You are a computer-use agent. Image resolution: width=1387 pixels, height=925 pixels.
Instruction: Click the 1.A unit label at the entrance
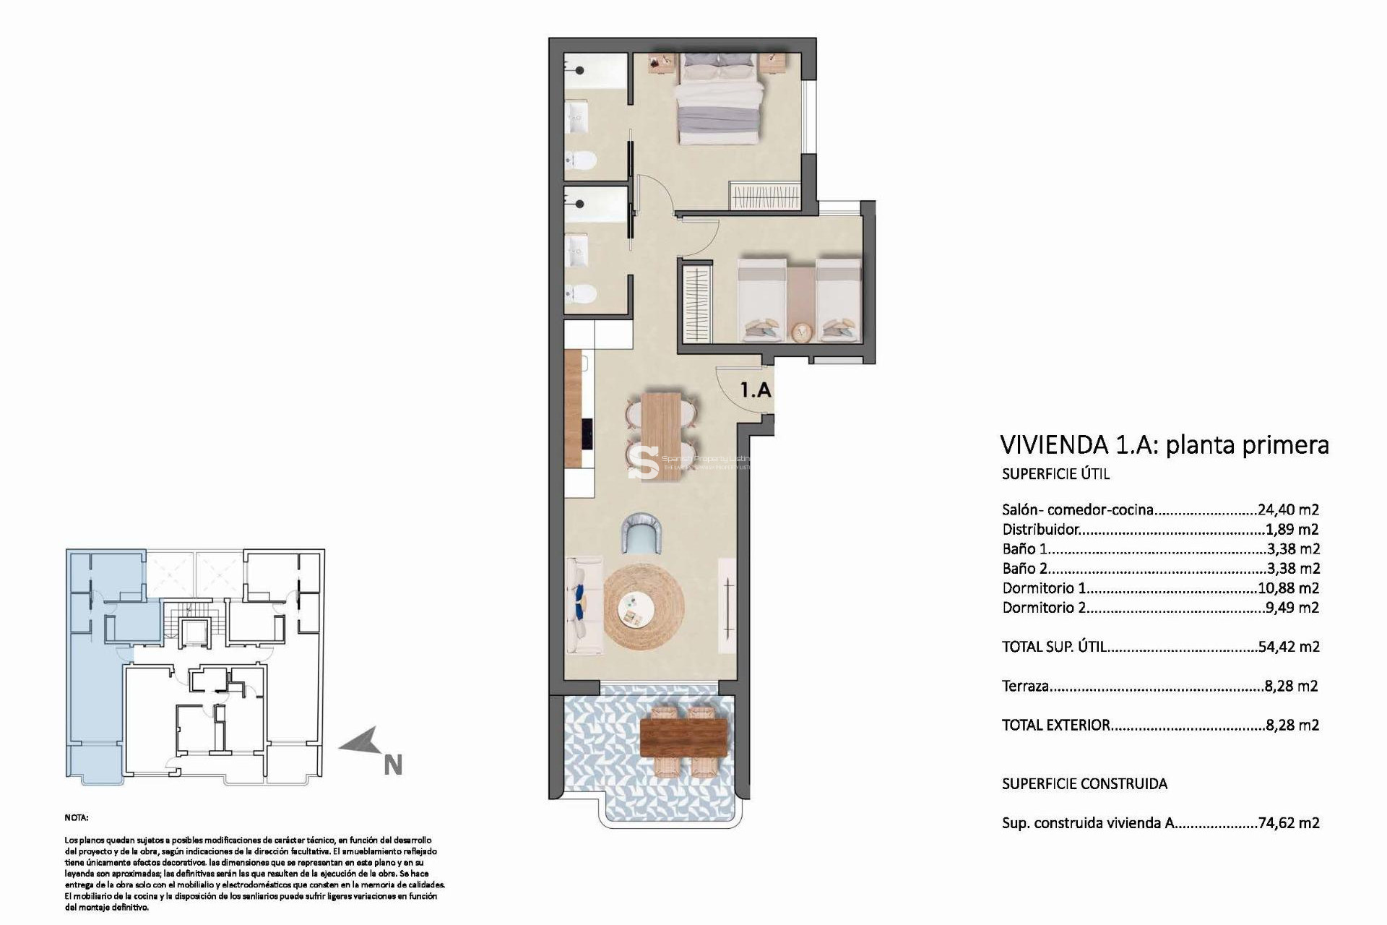tap(756, 390)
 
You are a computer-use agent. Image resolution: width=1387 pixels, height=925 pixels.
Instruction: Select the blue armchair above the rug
tap(643, 533)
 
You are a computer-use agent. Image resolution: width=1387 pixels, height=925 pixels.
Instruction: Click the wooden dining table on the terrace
tap(683, 737)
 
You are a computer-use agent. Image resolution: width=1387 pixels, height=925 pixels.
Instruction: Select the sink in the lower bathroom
tap(578, 249)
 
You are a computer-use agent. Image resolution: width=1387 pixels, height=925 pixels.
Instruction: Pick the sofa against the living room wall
tap(584, 606)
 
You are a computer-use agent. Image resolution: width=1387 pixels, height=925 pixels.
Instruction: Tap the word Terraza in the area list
tap(1025, 686)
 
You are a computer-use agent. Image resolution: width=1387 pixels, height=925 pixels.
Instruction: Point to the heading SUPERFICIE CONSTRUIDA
tap(1084, 783)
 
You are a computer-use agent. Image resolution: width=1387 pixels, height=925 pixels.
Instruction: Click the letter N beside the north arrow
tap(392, 765)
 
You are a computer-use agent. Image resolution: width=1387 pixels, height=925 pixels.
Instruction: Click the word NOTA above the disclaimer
tap(77, 818)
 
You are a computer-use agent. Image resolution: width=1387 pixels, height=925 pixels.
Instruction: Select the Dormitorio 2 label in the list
tap(1044, 608)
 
